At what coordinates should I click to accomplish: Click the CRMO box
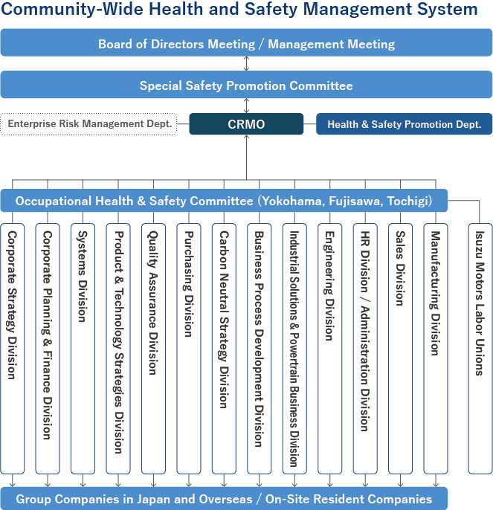pos(246,124)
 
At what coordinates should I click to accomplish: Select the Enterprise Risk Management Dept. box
pos(89,124)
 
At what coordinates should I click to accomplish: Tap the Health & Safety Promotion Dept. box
pos(404,124)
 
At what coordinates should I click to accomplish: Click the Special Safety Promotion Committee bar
pos(246,85)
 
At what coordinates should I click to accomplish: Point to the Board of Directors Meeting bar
pos(246,44)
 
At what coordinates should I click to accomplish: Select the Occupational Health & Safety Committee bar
pos(224,201)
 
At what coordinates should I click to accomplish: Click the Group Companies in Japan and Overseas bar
pos(224,499)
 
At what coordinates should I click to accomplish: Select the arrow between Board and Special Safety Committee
pos(246,64)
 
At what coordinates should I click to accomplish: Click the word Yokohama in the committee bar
pos(290,201)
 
